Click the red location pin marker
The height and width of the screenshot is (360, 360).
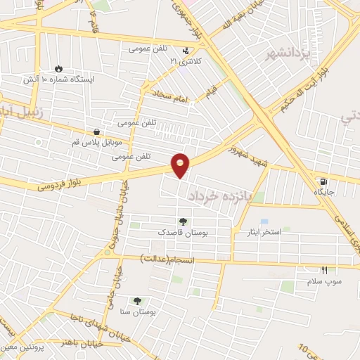coord(181,165)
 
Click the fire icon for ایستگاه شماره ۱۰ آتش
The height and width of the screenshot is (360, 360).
coord(58,69)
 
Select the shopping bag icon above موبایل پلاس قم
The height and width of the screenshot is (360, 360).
coord(96,131)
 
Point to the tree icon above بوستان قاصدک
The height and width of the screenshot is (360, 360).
coord(183,221)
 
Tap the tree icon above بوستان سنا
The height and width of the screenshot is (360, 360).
coord(136,301)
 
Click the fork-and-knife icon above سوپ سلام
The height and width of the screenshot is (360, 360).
coord(324,270)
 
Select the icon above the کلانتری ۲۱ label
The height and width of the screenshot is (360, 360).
coord(186,51)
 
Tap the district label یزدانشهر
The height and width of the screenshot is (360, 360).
coord(284,53)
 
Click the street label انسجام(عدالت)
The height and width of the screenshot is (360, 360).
coord(175,259)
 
